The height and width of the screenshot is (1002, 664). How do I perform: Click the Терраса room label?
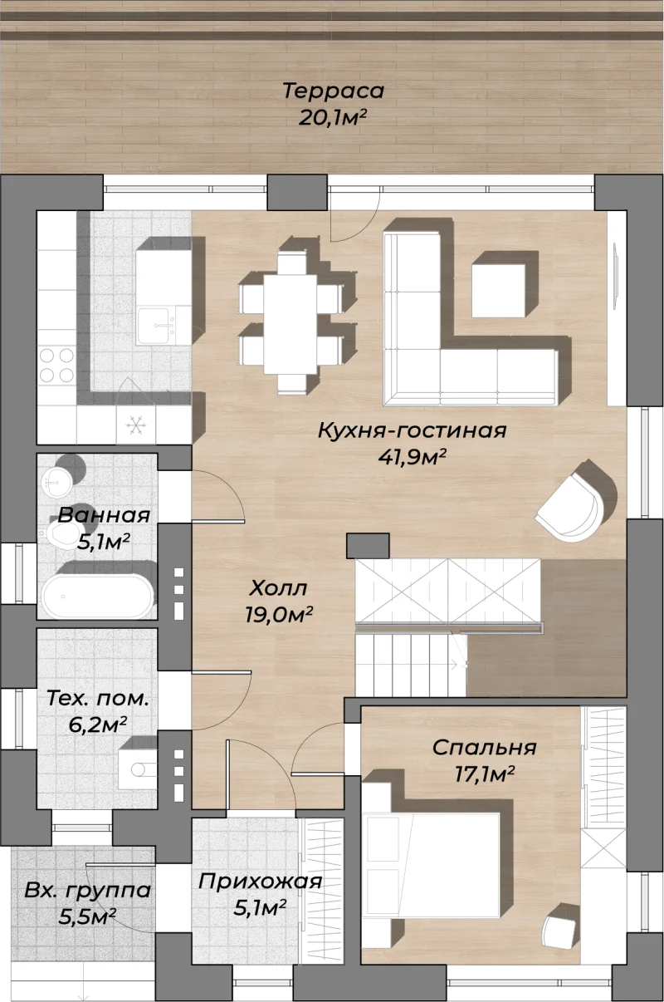333,91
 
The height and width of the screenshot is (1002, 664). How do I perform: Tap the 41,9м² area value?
412,457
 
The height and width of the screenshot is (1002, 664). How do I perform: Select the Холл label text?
278,587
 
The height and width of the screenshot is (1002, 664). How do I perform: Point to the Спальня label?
485,748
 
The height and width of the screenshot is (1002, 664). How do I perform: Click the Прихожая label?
260,882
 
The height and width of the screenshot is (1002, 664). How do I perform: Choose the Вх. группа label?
88,890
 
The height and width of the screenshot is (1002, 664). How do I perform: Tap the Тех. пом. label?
97,698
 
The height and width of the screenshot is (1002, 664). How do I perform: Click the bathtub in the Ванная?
97,596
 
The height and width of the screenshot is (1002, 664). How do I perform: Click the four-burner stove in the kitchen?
56,366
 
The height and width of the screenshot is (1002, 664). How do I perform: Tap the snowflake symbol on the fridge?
136,425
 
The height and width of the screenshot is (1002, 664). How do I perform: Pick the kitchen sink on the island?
154,326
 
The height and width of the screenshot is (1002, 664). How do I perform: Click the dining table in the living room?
290,324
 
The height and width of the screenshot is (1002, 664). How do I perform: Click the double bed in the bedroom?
431,866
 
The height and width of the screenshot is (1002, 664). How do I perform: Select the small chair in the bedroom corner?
560,925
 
